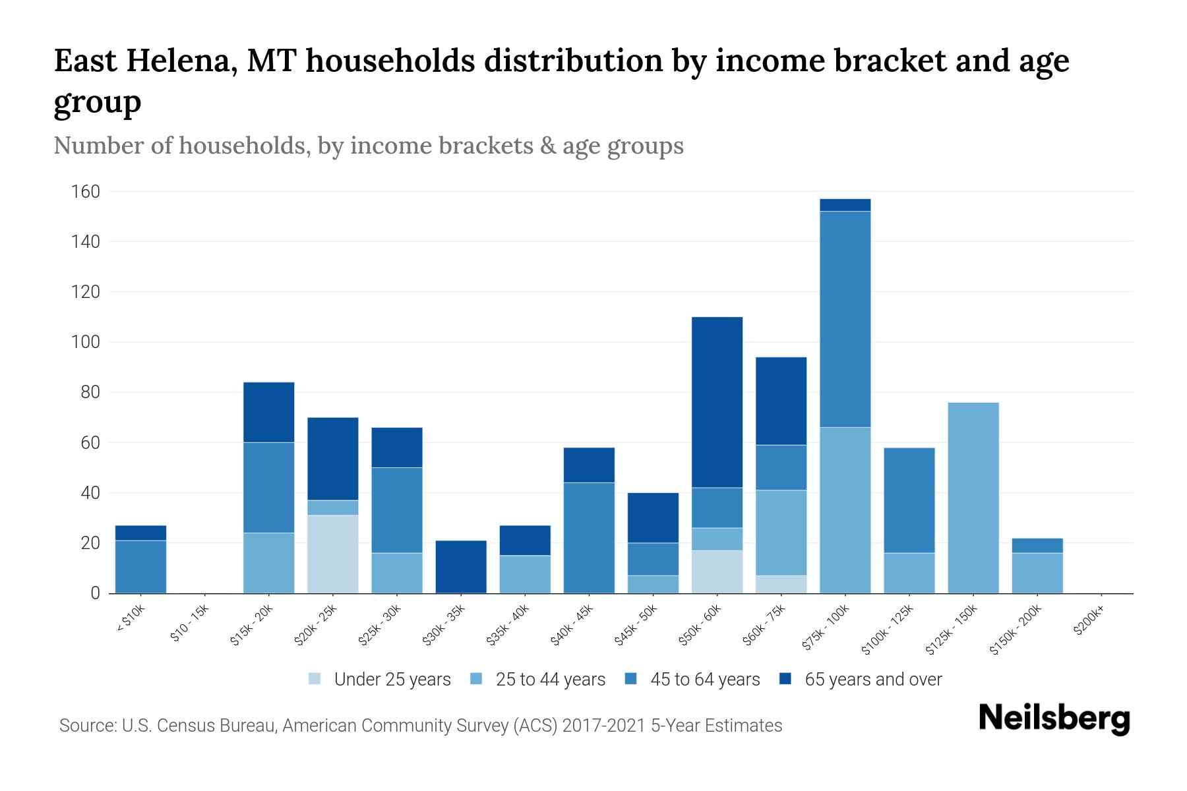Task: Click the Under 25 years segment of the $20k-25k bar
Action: pos(333,554)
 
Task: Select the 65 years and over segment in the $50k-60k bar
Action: pos(717,402)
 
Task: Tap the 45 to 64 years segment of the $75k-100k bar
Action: pos(845,319)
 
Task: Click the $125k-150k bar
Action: pos(973,498)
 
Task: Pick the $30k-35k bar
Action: pos(461,567)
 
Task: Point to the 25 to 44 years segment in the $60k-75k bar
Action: pos(781,533)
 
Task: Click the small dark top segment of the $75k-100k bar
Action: pos(845,205)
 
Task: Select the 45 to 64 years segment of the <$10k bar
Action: pos(140,567)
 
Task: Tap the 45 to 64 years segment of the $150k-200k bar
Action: pos(1037,546)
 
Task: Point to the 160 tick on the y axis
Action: pos(86,192)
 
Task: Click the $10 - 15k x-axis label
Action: pos(189,625)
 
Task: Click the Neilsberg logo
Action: pos(1054,719)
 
